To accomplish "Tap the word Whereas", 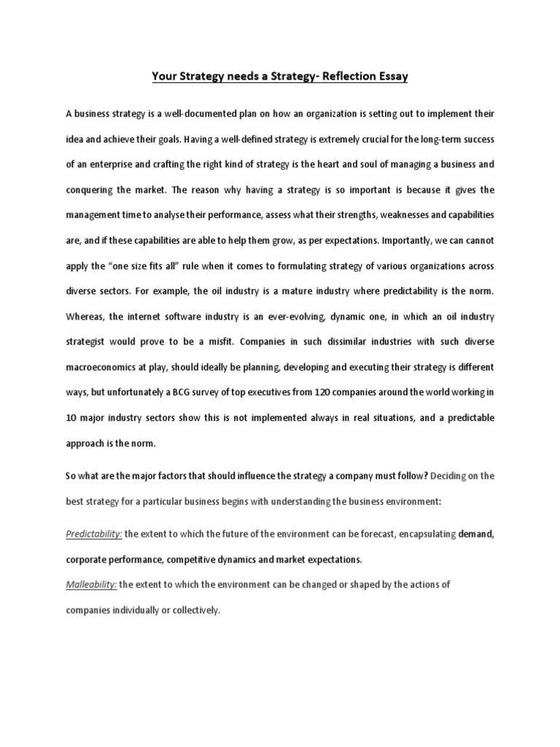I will click(x=87, y=317).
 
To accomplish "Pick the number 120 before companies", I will click(x=324, y=392).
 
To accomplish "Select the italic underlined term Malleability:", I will click(x=91, y=584).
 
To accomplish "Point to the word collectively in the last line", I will click(x=195, y=610).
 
